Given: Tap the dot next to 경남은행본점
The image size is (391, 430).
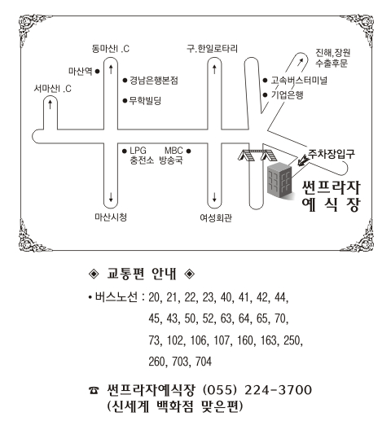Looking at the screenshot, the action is coord(125,81).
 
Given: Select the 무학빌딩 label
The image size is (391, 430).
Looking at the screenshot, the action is coord(146,101).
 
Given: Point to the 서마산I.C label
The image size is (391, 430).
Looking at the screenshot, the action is coord(52,89).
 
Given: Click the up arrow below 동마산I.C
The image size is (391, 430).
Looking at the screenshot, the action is coord(111,69).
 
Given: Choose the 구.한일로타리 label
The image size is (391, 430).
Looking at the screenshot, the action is coord(212,49).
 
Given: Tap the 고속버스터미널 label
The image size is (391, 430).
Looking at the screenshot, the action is coord(299,81).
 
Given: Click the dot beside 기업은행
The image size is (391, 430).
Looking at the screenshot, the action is coord(265,95).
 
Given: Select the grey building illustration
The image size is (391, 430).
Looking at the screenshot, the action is coord(279,180).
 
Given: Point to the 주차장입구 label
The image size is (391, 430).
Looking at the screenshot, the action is coord(332,154).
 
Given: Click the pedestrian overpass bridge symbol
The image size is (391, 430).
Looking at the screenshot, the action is coord(257,156).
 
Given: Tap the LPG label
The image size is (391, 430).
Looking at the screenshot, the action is coord(138,151).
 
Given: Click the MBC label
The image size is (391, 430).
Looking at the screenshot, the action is coord(174,151).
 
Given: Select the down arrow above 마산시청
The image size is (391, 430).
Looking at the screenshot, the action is coord(111,197).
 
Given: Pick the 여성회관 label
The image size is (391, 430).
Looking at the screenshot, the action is coord(216,218).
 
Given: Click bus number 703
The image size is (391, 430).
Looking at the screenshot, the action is coord(180,362).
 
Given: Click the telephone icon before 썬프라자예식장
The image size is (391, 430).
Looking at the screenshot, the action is coord(94,390).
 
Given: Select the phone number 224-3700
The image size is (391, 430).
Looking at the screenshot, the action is coord(279,390).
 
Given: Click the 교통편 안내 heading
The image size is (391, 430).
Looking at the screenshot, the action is coord(142,274).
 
